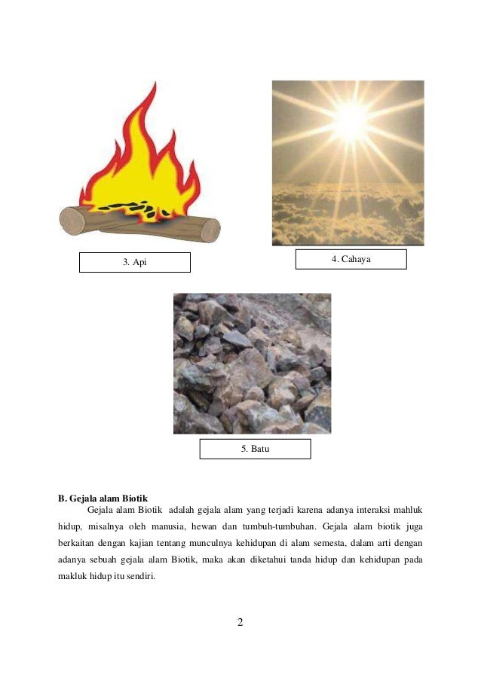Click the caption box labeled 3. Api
coord(135,262)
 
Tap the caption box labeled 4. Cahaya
coord(351,259)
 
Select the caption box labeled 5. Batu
coord(255,449)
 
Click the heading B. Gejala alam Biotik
coord(103,499)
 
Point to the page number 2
coord(240,623)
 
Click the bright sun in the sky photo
coord(351,117)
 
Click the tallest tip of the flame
coord(153,85)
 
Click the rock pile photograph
coord(252,363)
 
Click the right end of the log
coord(210,228)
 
